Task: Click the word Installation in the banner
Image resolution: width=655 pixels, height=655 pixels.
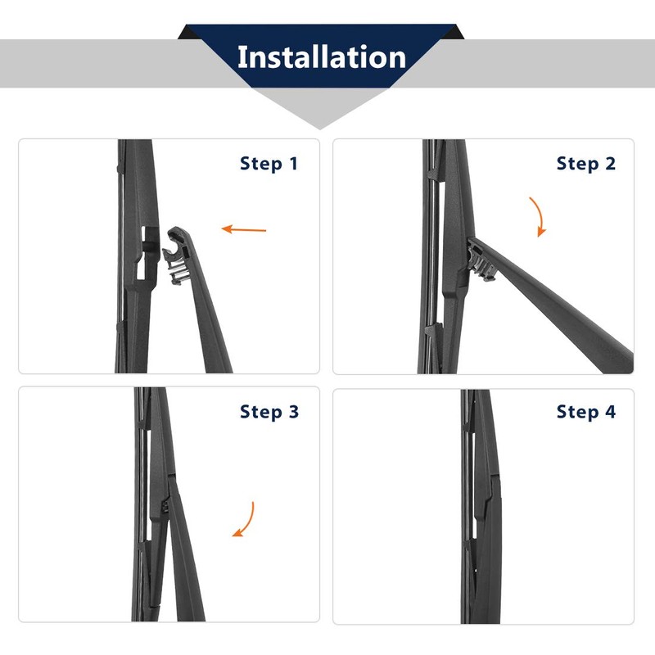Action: pyautogui.click(x=322, y=57)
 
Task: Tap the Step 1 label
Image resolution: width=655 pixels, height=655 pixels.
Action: pyautogui.click(x=269, y=163)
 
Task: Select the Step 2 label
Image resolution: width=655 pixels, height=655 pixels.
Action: pyautogui.click(x=586, y=163)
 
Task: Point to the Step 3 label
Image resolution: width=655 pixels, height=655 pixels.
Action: pyautogui.click(x=269, y=412)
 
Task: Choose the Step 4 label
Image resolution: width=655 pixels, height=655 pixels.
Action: pyautogui.click(x=586, y=412)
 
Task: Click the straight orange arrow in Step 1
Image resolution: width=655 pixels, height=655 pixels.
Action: pyautogui.click(x=243, y=229)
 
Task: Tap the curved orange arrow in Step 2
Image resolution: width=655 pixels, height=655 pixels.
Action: pyautogui.click(x=540, y=215)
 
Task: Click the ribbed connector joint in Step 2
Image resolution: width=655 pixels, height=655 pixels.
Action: pyautogui.click(x=481, y=260)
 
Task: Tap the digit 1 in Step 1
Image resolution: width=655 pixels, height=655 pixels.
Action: pyautogui.click(x=294, y=163)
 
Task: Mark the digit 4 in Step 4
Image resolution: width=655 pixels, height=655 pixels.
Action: pyautogui.click(x=611, y=412)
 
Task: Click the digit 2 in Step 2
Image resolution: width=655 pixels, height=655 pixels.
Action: pyautogui.click(x=611, y=163)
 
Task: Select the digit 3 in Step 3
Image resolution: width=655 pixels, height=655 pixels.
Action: pyautogui.click(x=294, y=412)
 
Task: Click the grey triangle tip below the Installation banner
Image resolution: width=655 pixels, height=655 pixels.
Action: pyautogui.click(x=320, y=128)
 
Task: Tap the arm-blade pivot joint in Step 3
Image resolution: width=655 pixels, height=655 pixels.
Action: pyautogui.click(x=165, y=507)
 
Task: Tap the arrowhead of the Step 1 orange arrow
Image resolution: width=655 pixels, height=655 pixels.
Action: pyautogui.click(x=226, y=228)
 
